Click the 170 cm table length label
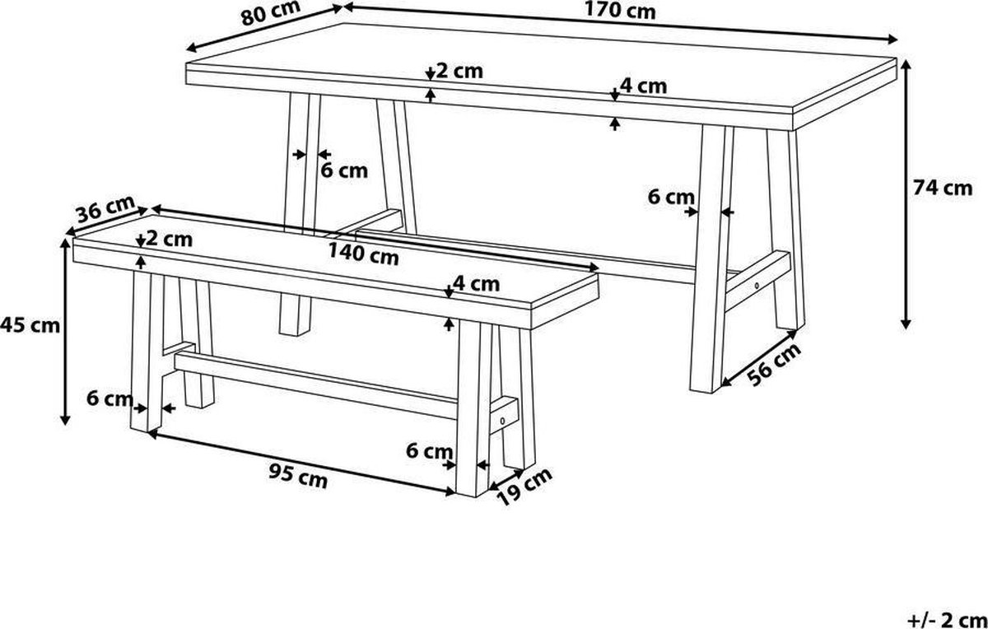pyautogui.click(x=620, y=10)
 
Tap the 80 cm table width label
pyautogui.click(x=271, y=13)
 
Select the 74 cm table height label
pyautogui.click(x=943, y=188)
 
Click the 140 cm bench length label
pyautogui.click(x=363, y=254)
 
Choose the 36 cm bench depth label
pyautogui.click(x=105, y=208)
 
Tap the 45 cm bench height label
pyautogui.click(x=30, y=325)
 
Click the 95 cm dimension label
pyautogui.click(x=298, y=477)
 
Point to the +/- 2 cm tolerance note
pyautogui.click(x=948, y=620)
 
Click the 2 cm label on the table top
pyautogui.click(x=459, y=71)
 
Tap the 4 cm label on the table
pyautogui.click(x=644, y=86)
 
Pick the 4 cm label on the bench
pyautogui.click(x=477, y=283)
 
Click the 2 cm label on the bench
pyautogui.click(x=170, y=239)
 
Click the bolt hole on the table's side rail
pyautogui.click(x=757, y=286)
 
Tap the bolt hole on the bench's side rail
pyautogui.click(x=503, y=421)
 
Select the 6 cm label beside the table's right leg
pyautogui.click(x=671, y=197)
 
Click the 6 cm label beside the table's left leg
pyautogui.click(x=344, y=170)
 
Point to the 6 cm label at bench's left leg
pyautogui.click(x=110, y=398)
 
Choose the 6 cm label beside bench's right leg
pyautogui.click(x=429, y=451)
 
